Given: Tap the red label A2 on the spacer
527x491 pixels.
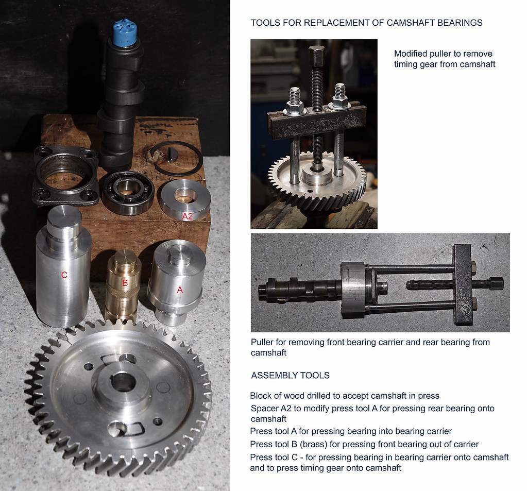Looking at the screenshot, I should (188, 216).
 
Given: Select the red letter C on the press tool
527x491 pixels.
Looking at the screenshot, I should (64, 275).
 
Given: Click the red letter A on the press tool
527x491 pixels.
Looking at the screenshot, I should (180, 290).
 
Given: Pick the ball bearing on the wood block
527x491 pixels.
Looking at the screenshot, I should (127, 193).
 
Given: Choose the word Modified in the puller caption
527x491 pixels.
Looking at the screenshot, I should (411, 54).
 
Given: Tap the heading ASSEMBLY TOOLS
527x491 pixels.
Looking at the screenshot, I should (290, 376).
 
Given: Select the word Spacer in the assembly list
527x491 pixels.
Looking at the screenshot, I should (263, 409).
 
